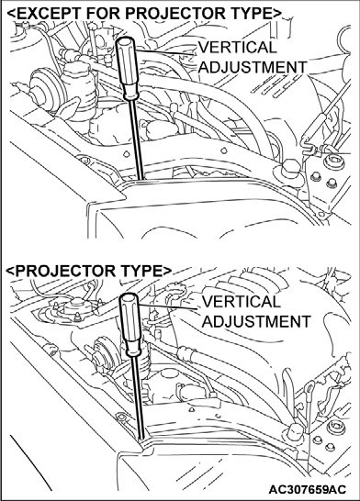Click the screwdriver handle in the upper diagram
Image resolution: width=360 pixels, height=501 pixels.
coord(127,68)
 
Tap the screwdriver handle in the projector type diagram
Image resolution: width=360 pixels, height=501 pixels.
coord(129,324)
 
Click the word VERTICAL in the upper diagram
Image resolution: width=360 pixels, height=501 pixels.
coord(237,48)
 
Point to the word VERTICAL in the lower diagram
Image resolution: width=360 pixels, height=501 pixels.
coord(241,302)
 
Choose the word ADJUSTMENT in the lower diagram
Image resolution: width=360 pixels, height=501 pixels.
coord(256,321)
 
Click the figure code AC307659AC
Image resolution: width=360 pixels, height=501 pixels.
coord(308,489)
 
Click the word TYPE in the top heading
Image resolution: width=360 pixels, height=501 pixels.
coord(254,14)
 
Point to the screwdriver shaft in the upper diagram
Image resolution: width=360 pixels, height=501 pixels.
coord(136,139)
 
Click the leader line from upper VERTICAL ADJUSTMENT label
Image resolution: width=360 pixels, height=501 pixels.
coord(166,52)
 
